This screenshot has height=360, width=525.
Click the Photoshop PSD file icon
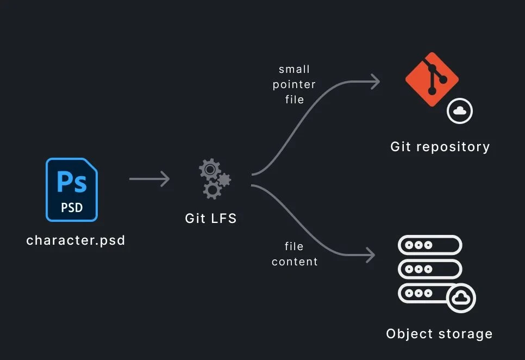[72, 190]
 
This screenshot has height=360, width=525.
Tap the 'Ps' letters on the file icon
[72, 181]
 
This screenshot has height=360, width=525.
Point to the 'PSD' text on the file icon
[72, 208]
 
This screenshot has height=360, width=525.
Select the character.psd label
[76, 240]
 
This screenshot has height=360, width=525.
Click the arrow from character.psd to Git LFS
[149, 178]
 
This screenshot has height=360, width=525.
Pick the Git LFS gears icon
[214, 178]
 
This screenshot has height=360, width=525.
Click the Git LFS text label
[211, 219]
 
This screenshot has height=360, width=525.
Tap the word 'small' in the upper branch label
[294, 70]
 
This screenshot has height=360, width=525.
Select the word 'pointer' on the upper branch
[294, 84]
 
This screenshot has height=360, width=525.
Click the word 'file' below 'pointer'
[294, 100]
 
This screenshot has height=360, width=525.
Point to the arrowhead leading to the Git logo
[375, 82]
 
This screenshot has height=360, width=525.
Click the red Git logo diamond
[432, 79]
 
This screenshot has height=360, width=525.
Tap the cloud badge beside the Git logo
[460, 111]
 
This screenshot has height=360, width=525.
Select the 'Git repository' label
[440, 147]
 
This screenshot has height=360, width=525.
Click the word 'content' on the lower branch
[295, 262]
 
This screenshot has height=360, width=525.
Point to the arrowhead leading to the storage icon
[371, 255]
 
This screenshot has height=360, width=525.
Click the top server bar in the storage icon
[430, 245]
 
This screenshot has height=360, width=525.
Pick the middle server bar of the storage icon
[430, 269]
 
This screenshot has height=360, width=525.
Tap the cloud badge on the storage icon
[461, 297]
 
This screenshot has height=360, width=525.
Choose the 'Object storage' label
[439, 333]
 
